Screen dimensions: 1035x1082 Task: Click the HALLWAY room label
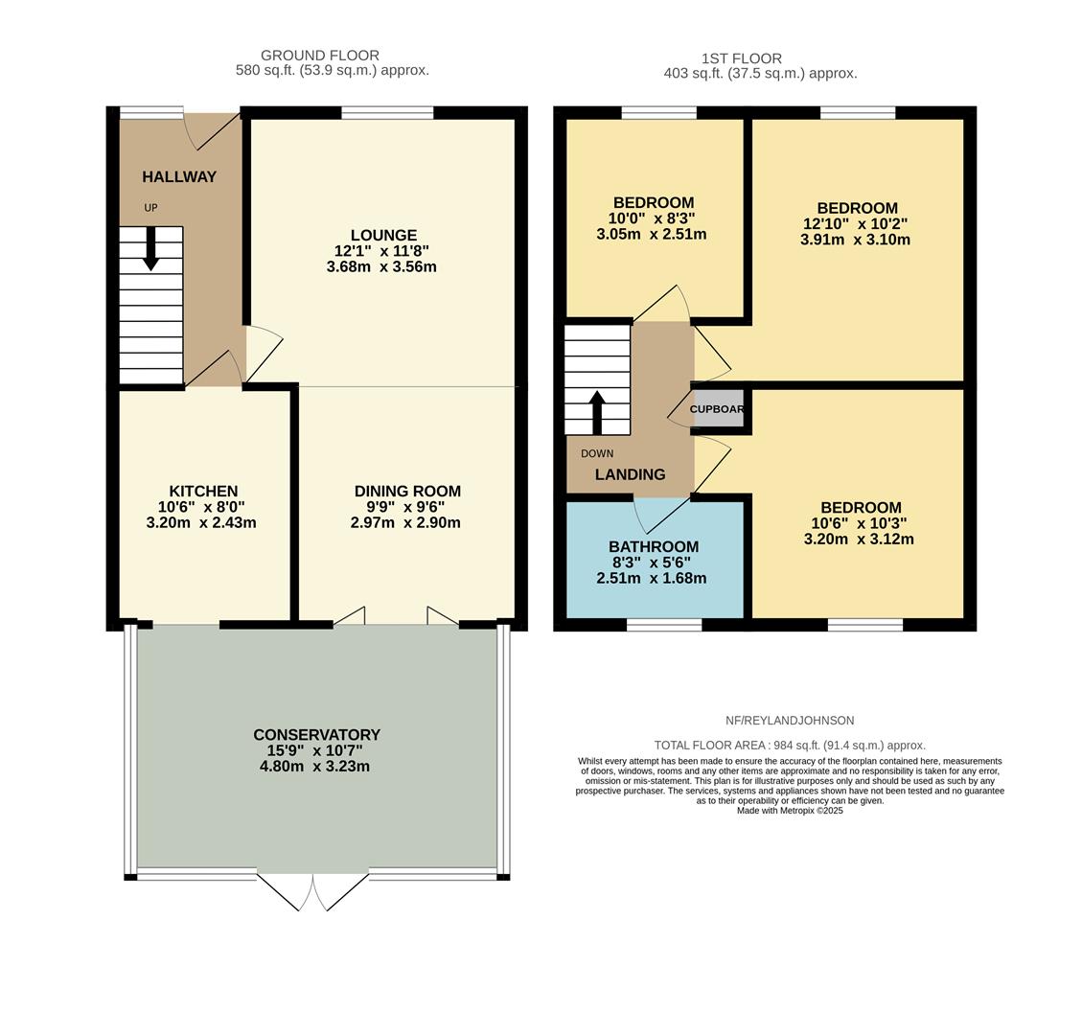[179, 176]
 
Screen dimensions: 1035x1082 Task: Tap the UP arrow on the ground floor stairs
[150, 248]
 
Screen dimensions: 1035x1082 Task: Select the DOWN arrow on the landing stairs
[597, 412]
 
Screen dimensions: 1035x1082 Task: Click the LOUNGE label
[383, 235]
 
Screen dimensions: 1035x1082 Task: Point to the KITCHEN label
[203, 491]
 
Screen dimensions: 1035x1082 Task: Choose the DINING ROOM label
[407, 491]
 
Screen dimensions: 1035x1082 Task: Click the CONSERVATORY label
[316, 734]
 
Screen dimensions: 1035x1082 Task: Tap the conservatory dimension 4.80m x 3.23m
[314, 766]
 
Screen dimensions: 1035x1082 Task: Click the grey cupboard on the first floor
[718, 409]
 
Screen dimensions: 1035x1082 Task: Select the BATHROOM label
[654, 546]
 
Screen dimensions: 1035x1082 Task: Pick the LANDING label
[630, 474]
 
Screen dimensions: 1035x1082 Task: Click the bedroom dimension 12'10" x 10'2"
[857, 223]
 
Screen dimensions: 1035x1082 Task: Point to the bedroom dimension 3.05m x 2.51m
[652, 234]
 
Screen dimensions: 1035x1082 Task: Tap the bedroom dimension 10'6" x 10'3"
[859, 523]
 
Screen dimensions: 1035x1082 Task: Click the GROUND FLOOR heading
[320, 56]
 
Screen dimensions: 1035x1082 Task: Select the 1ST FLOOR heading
[741, 58]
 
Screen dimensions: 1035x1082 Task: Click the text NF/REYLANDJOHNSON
[790, 721]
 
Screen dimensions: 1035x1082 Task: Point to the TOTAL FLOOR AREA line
[790, 745]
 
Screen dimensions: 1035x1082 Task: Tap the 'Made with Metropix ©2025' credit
[790, 811]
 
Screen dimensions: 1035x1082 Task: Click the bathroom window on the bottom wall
[664, 625]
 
